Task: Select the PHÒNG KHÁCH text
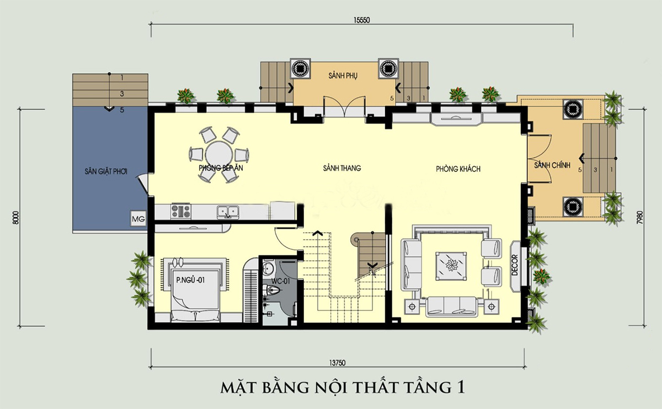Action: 457,169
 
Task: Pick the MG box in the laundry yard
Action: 137,218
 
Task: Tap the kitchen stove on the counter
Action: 180,210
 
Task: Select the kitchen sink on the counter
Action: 227,210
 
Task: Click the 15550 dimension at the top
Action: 361,19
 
